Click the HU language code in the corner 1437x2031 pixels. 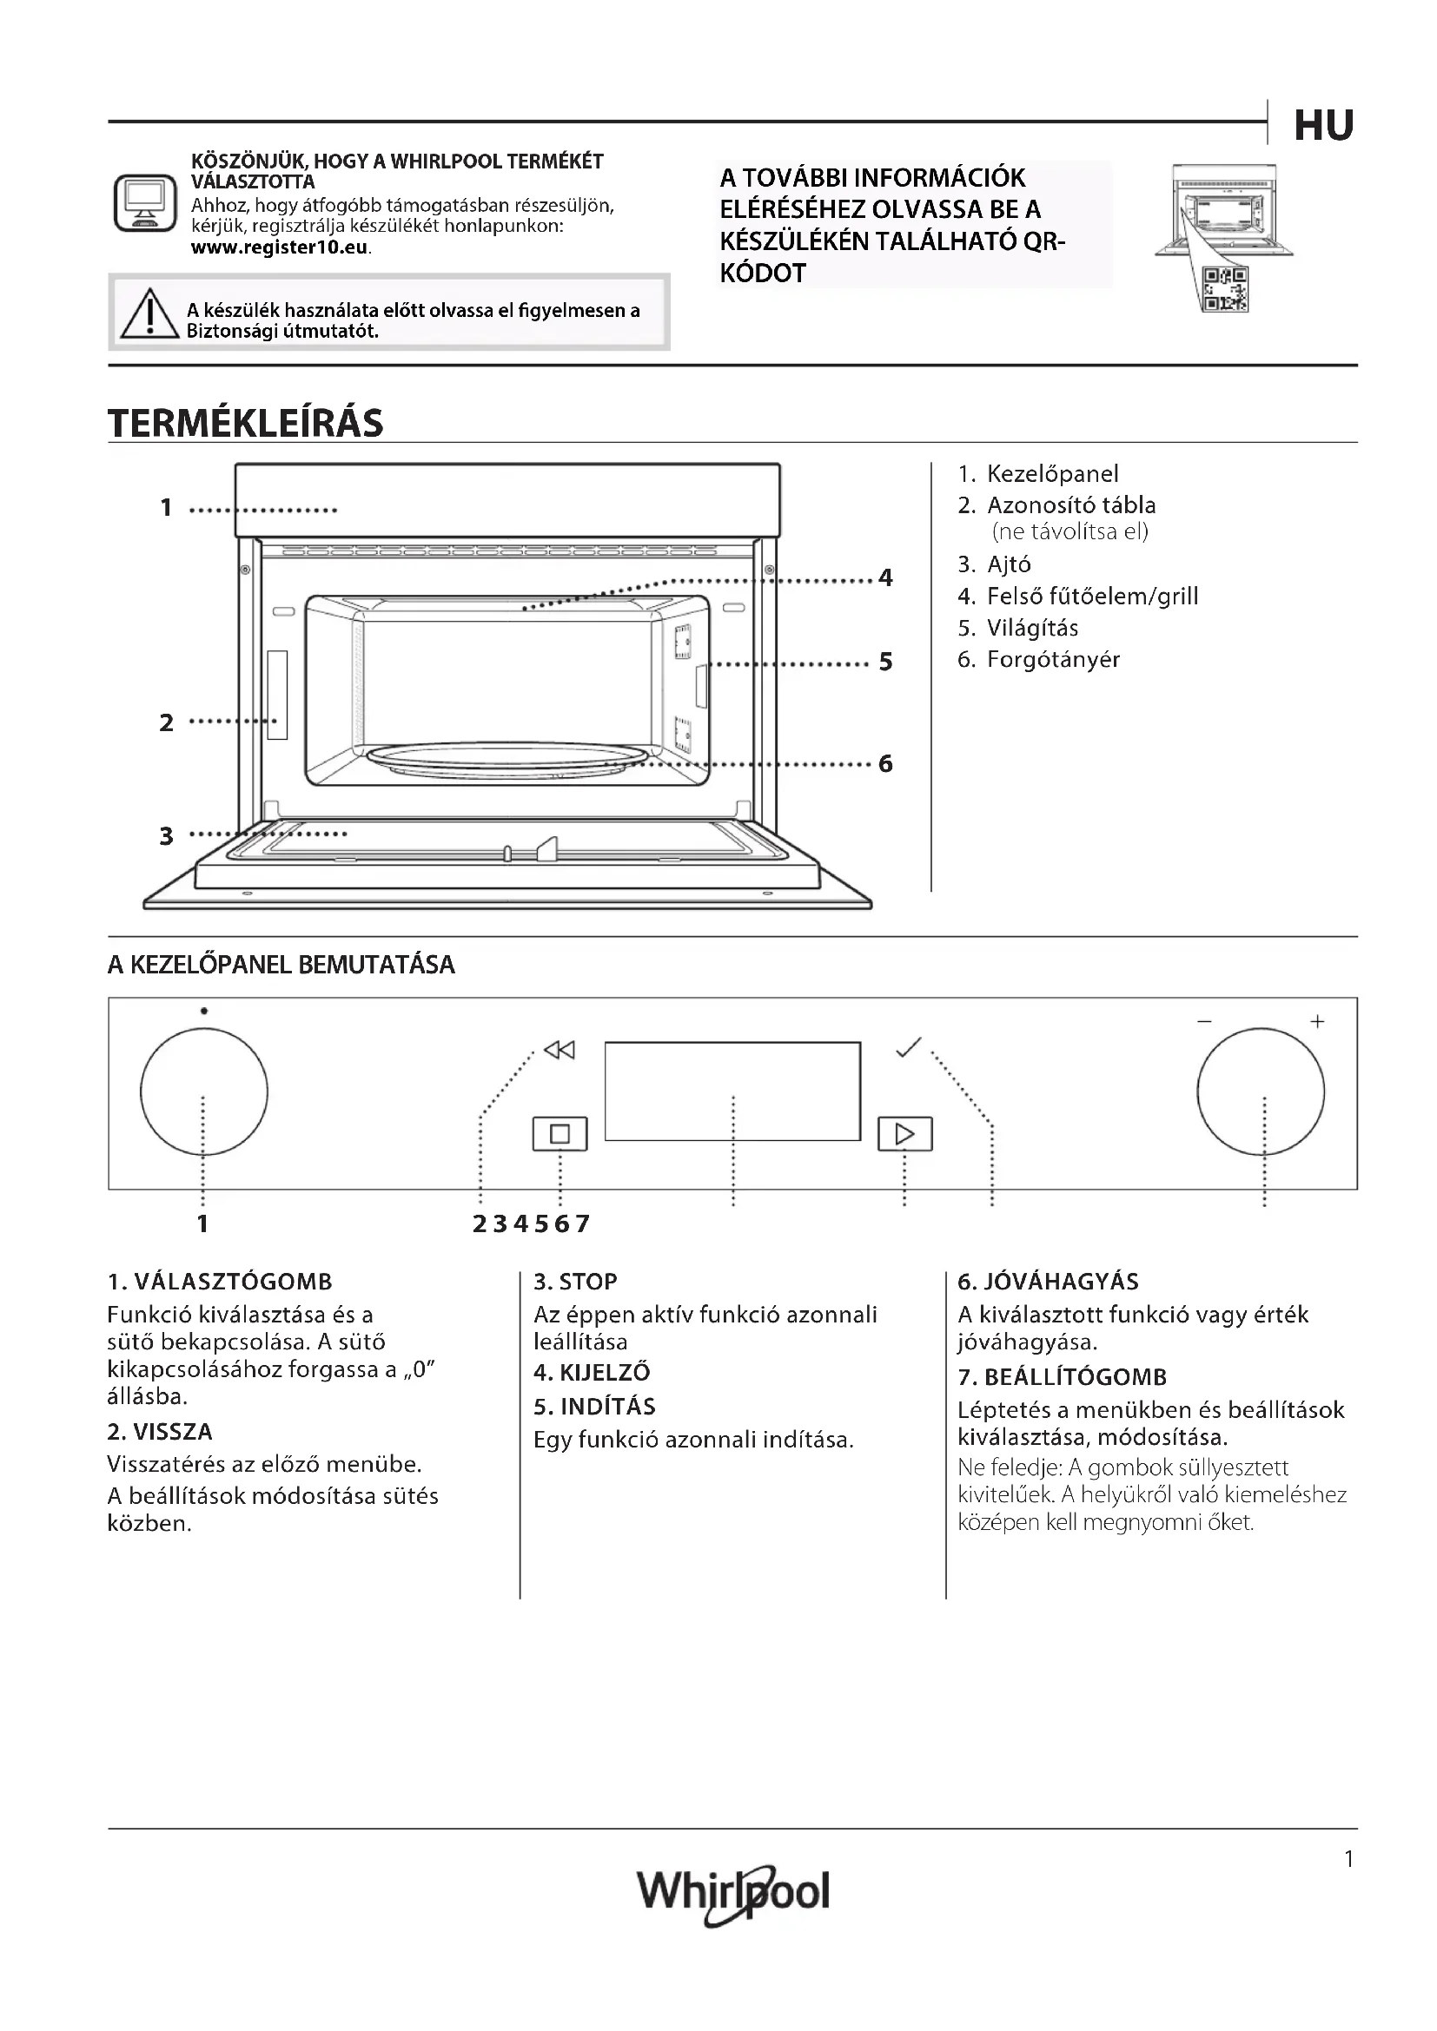(x=1324, y=127)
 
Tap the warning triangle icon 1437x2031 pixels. (x=149, y=315)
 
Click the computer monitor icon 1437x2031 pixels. (x=145, y=202)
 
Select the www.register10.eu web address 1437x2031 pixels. (x=280, y=247)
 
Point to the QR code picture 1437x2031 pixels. (x=1226, y=289)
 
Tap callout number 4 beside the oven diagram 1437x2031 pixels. (x=885, y=578)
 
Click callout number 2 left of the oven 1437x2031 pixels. (x=166, y=722)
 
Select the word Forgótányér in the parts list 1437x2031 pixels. (x=1053, y=660)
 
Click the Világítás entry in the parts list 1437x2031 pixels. (x=1032, y=628)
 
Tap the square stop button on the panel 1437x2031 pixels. (x=560, y=1134)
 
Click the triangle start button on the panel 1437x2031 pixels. (x=904, y=1134)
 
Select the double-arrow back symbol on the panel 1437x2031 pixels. (x=560, y=1050)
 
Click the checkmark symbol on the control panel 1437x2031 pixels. (x=908, y=1047)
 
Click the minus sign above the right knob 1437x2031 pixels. (x=1204, y=1022)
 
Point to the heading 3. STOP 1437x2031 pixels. (x=575, y=1282)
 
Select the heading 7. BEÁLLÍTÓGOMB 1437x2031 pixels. (x=1062, y=1377)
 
